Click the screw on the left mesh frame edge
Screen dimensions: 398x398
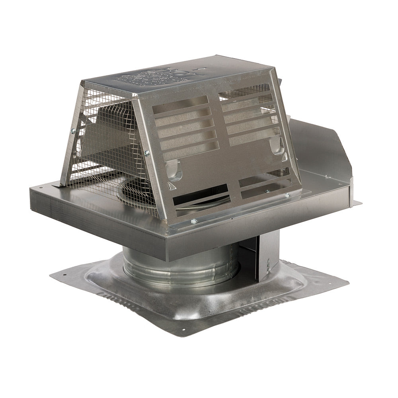pyautogui.click(x=73, y=131)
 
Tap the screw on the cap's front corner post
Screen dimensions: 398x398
pyautogui.click(x=147, y=152)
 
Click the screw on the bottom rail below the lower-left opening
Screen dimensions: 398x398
pyautogui.click(x=194, y=221)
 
